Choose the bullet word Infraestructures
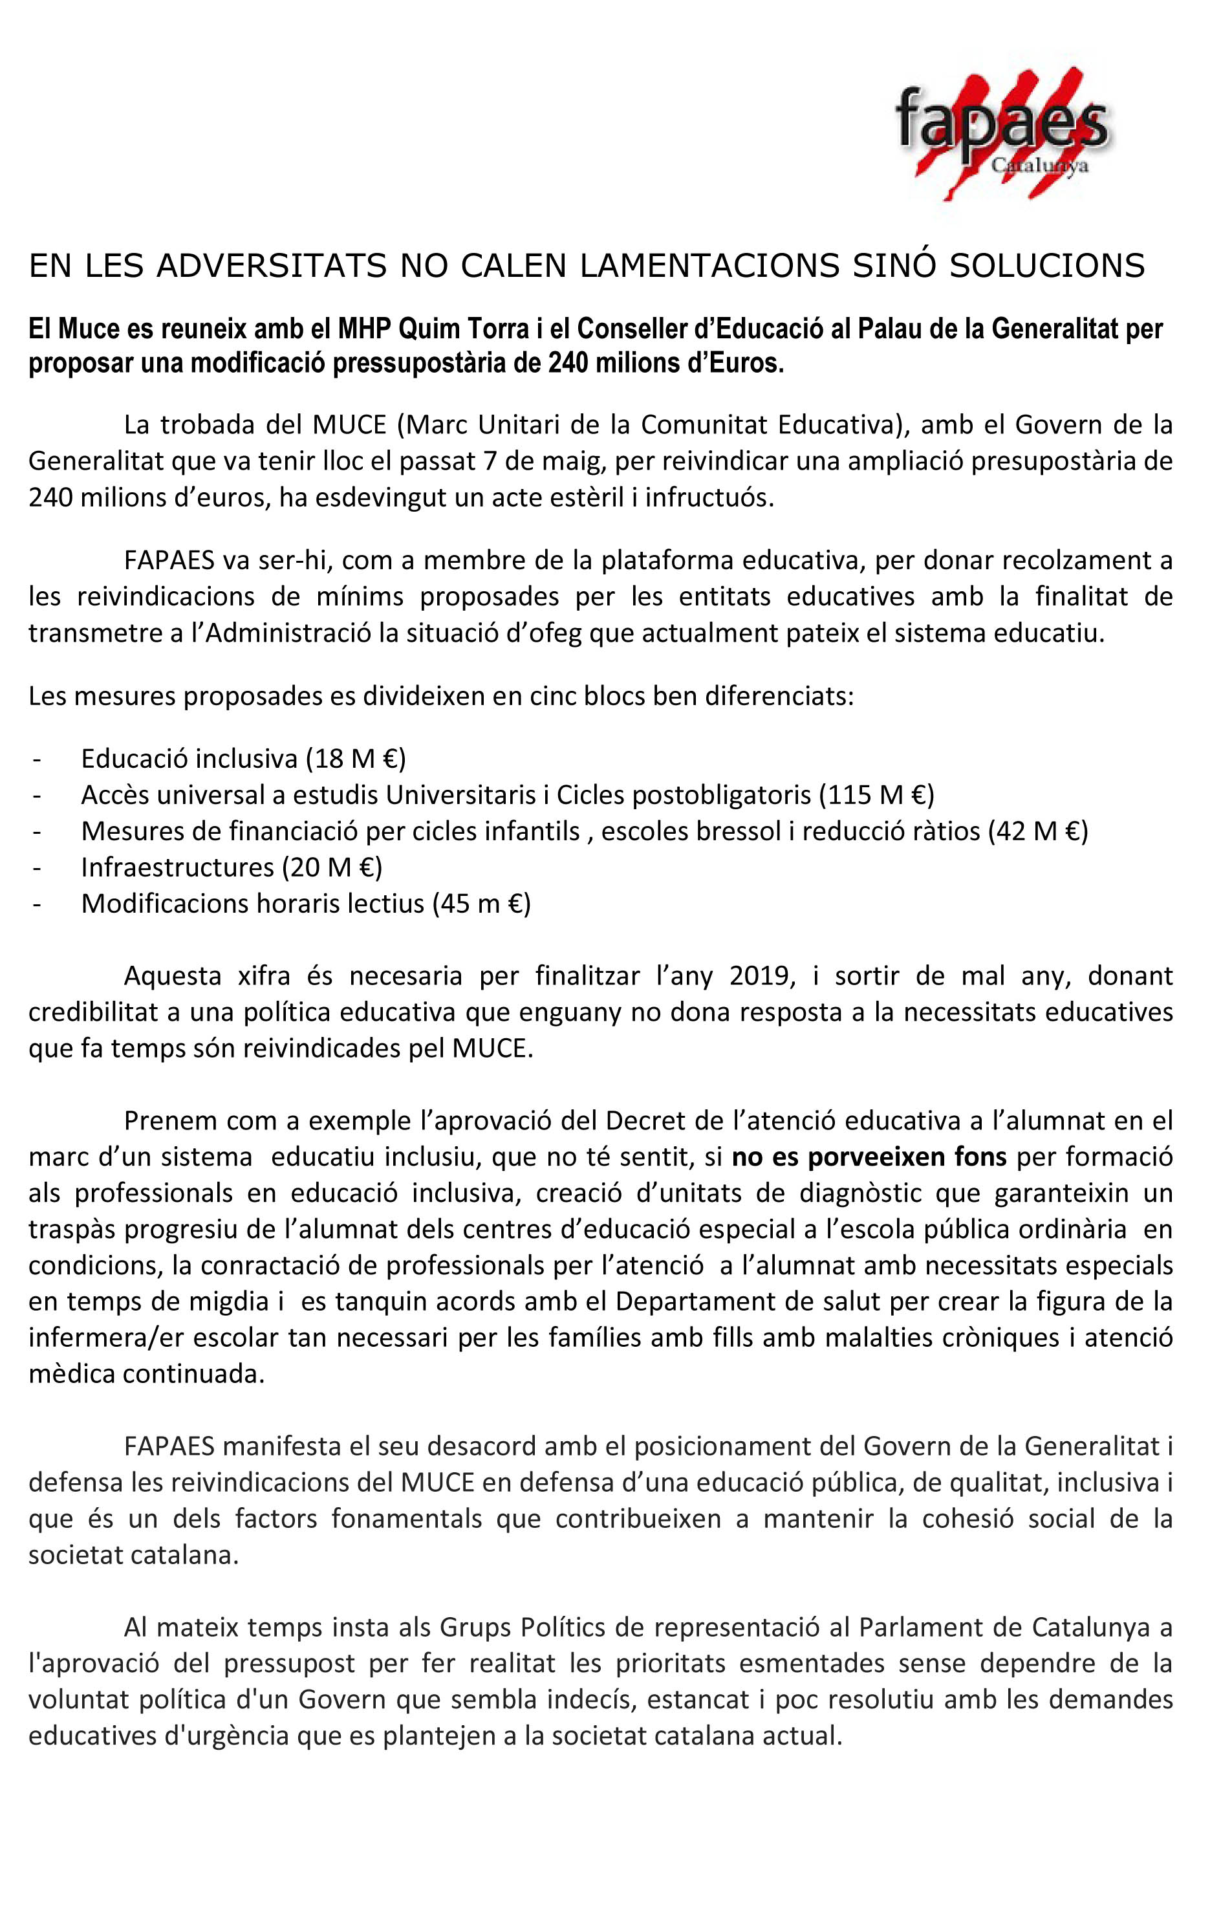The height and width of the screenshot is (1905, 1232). pos(178,867)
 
